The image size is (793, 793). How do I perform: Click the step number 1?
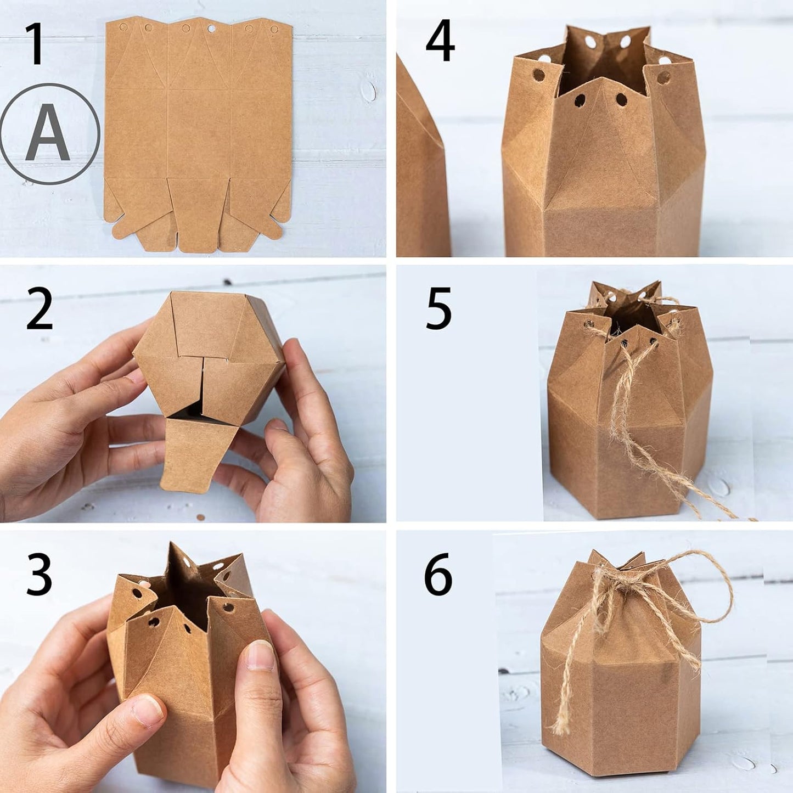[x=36, y=44]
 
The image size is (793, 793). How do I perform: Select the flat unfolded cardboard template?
[x=198, y=132]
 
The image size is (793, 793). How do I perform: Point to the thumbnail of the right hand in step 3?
[x=260, y=656]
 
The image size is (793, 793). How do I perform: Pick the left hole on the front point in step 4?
[x=580, y=100]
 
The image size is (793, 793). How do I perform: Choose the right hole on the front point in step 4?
[x=621, y=99]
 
